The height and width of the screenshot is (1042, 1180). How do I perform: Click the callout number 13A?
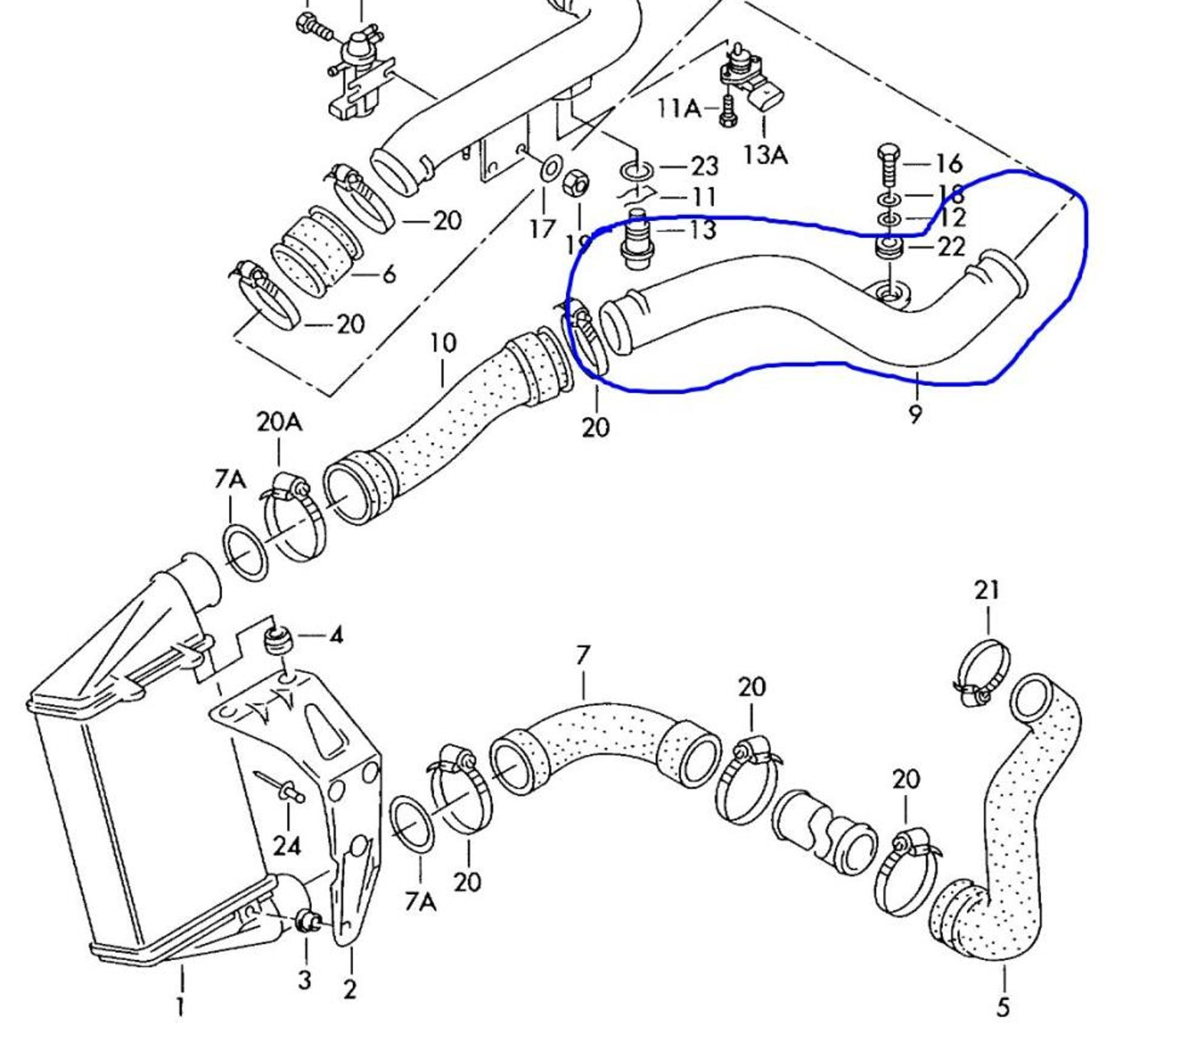point(765,154)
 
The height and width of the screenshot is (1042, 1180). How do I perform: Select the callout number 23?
point(704,166)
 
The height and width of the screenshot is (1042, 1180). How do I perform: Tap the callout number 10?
point(443,343)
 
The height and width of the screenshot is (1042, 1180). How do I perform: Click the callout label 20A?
point(279,423)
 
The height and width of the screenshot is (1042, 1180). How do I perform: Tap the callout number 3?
point(304,979)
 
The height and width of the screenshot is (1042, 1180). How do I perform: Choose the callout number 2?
point(350,989)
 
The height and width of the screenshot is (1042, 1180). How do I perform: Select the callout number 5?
point(1003,1007)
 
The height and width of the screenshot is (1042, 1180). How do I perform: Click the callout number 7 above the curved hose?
point(583,655)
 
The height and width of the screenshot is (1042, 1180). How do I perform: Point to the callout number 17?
point(542,229)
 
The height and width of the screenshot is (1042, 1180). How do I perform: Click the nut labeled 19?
point(576,184)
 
